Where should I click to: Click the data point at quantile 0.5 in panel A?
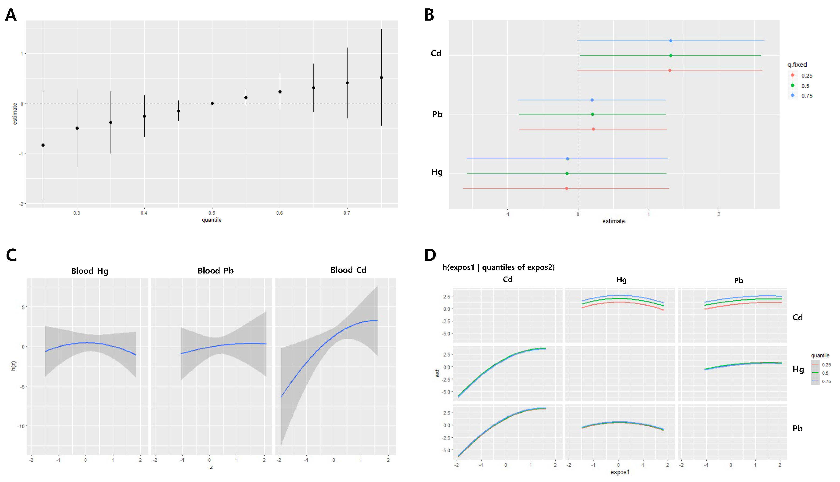pyautogui.click(x=212, y=103)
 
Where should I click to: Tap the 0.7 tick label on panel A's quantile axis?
pyautogui.click(x=347, y=213)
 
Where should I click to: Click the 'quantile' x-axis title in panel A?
pyautogui.click(x=212, y=220)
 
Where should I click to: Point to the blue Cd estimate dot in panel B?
pyautogui.click(x=670, y=41)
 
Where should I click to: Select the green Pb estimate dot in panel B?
pyautogui.click(x=592, y=114)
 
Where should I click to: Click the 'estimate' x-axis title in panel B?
pyautogui.click(x=613, y=221)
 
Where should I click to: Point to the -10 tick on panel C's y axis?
pyautogui.click(x=21, y=426)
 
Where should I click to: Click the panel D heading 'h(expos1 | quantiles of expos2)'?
pyautogui.click(x=498, y=267)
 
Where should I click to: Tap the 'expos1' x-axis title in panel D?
pyautogui.click(x=620, y=472)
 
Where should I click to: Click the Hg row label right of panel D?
pyautogui.click(x=798, y=369)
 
